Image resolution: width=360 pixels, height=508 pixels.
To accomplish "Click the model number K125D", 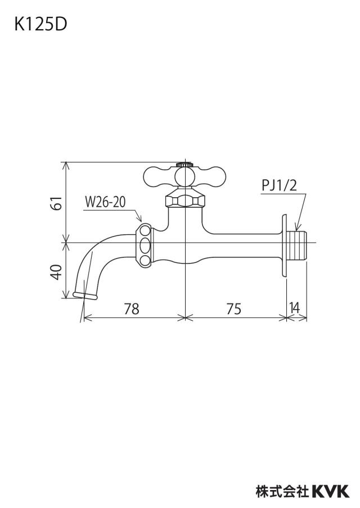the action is [x=40, y=25].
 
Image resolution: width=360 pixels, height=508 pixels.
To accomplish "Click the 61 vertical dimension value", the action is [x=57, y=203].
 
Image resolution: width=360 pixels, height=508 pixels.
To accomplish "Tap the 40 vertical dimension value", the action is [x=57, y=272].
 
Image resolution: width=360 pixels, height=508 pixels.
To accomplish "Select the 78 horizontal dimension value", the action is [x=132, y=309].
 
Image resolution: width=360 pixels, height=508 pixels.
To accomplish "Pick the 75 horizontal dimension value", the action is [x=234, y=309].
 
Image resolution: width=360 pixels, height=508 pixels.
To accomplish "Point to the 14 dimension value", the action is [x=295, y=308].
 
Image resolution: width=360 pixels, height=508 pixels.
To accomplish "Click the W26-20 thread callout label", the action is [x=105, y=202].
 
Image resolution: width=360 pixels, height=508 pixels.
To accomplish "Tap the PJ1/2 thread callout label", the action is [x=280, y=186].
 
